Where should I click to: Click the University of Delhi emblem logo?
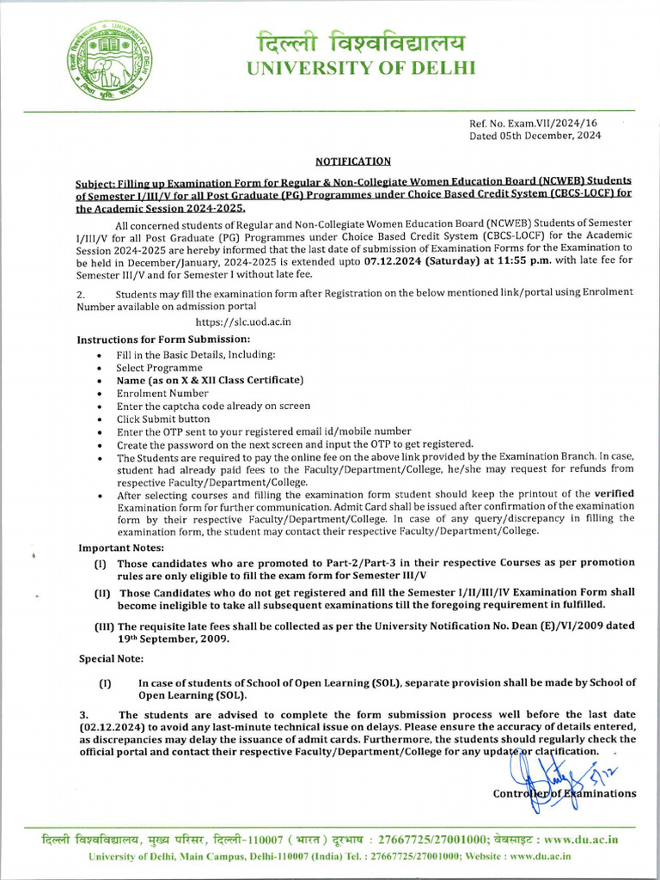click(x=102, y=68)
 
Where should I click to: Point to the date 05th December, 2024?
click(x=550, y=136)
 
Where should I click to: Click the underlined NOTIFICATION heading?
click(x=353, y=161)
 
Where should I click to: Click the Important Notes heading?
click(x=121, y=547)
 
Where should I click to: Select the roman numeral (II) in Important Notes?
click(x=103, y=593)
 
